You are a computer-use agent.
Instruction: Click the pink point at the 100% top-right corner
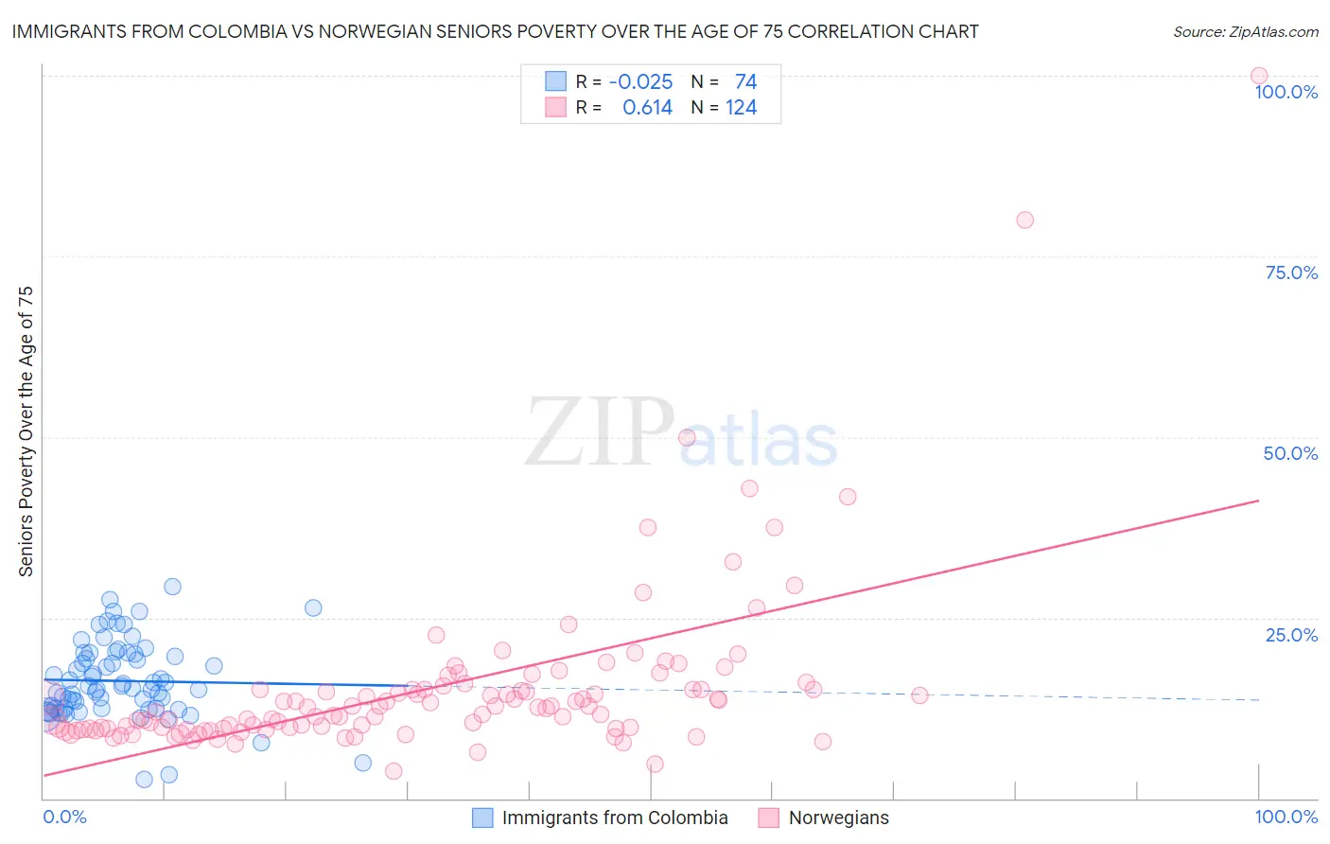click(1258, 76)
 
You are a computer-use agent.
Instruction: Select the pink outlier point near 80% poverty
click(1024, 220)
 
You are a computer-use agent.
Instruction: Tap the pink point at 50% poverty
click(687, 437)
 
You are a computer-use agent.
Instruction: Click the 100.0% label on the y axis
click(1286, 92)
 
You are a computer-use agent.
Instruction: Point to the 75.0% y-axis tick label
click(1291, 273)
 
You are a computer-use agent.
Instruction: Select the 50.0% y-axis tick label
click(1290, 453)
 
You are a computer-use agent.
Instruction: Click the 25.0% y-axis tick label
click(1291, 635)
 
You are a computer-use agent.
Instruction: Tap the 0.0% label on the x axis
click(64, 817)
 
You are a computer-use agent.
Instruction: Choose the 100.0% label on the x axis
click(1286, 817)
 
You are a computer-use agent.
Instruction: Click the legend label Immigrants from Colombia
click(615, 818)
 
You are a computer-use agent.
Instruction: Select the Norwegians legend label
click(839, 818)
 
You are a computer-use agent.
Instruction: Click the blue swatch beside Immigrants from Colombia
click(482, 818)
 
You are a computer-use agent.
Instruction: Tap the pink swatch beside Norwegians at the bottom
click(768, 818)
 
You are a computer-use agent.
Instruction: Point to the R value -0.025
click(640, 82)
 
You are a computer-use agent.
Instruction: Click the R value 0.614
click(647, 108)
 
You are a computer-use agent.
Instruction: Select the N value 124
click(741, 108)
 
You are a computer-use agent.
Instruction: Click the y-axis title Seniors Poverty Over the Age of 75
click(26, 431)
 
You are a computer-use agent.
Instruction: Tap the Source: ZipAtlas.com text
click(1245, 31)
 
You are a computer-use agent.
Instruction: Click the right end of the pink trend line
click(1258, 500)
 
